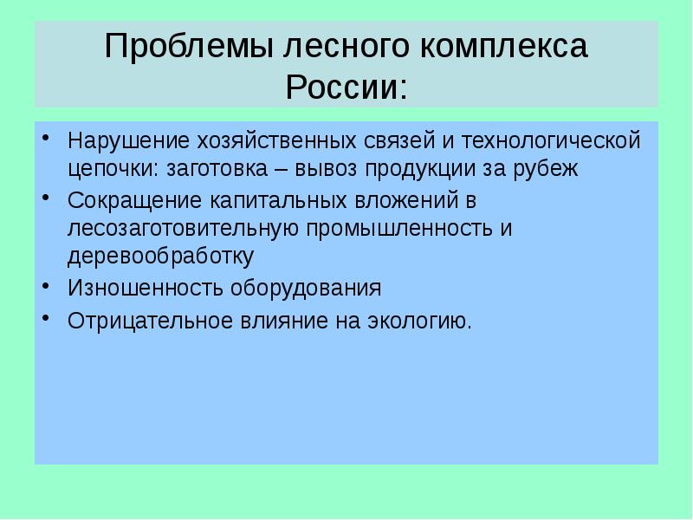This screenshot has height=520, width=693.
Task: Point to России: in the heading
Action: pyautogui.click(x=346, y=88)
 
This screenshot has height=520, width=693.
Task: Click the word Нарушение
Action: pyautogui.click(x=119, y=140)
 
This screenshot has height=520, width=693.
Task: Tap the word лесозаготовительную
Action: pyautogui.click(x=185, y=229)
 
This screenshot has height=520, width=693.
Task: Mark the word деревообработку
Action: pyautogui.click(x=160, y=257)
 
